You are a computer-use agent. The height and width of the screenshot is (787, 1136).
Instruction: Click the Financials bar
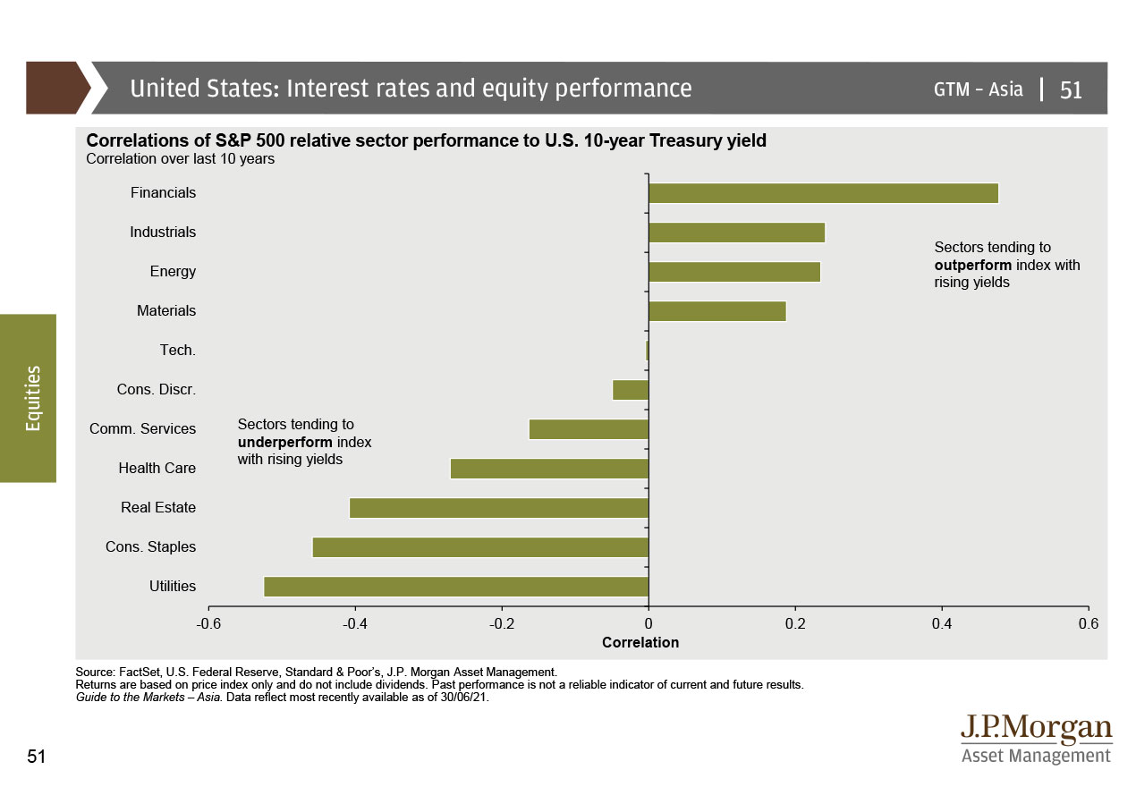[x=823, y=193]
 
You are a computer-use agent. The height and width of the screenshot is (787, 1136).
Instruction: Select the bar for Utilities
[x=456, y=587]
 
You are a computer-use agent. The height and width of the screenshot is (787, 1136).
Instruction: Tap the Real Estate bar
[x=498, y=508]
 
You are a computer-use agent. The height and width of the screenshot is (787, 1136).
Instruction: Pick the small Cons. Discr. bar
[x=631, y=390]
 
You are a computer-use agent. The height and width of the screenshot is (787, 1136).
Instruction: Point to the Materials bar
[x=717, y=311]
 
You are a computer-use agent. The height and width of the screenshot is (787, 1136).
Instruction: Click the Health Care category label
[x=157, y=469]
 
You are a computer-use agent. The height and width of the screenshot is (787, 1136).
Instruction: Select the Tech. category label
[x=177, y=351]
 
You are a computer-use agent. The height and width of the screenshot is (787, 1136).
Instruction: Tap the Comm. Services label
[x=142, y=429]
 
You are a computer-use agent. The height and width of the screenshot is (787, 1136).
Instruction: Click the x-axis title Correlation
[x=640, y=643]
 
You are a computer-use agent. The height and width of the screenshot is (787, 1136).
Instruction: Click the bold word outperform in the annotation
[x=973, y=266]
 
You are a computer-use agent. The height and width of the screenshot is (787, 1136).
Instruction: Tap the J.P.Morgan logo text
[x=1037, y=728]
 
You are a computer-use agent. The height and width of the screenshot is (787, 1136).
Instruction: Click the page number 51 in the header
[x=1071, y=89]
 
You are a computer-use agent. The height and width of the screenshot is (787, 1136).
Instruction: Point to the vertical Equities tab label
[x=33, y=398]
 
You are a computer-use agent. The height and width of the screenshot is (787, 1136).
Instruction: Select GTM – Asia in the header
[x=978, y=89]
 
